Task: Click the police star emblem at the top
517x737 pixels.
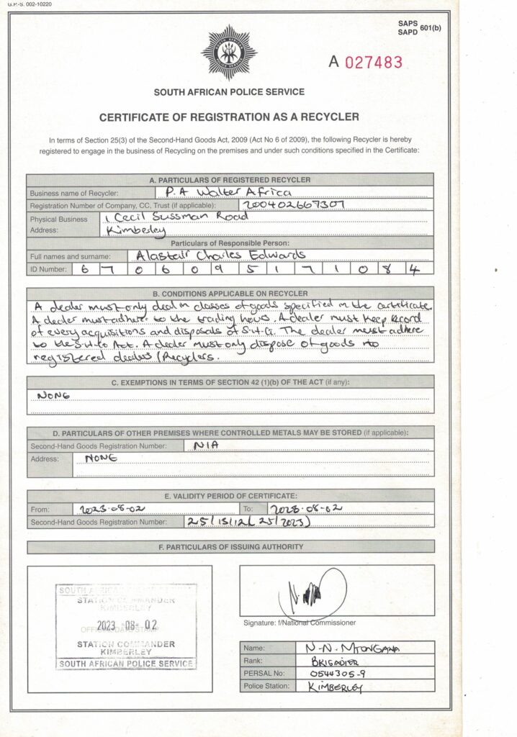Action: (x=229, y=52)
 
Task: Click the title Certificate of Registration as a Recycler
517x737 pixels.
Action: (x=229, y=117)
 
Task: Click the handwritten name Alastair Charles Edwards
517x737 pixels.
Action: (x=216, y=255)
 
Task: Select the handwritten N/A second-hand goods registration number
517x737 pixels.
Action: (x=207, y=446)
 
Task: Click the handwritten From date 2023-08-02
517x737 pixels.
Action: (x=109, y=509)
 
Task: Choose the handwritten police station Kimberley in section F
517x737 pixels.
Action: (x=335, y=687)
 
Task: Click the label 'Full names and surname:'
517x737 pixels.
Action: (x=70, y=256)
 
